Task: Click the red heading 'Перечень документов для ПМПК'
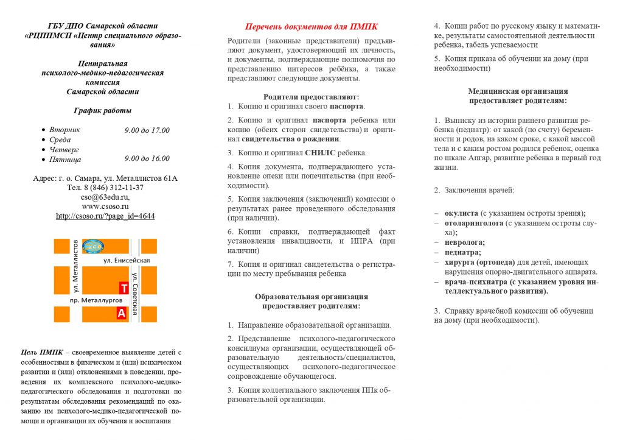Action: coord(311,27)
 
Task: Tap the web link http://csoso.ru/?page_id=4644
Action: coord(105,216)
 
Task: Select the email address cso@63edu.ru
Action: coord(105,197)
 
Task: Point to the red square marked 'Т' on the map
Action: coord(124,288)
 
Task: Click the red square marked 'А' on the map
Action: coord(121,313)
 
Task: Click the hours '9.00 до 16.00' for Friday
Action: coord(147,159)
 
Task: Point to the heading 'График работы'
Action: coord(102,110)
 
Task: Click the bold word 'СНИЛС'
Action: coord(321,153)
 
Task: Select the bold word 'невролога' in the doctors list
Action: coord(463,242)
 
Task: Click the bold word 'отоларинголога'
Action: coord(474,223)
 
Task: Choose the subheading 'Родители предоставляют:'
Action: coord(311,97)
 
